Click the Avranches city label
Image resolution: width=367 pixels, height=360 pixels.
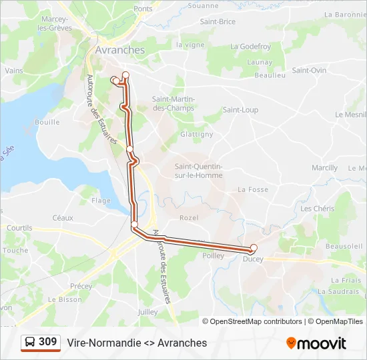click(119, 50)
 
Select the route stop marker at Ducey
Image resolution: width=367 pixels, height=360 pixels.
click(254, 248)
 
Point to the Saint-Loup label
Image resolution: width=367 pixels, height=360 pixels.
click(240, 110)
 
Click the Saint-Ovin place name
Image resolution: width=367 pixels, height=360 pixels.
click(309, 71)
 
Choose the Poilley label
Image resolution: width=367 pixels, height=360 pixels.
click(213, 255)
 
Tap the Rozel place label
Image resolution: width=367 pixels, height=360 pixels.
click(189, 218)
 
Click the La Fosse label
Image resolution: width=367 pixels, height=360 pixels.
click(253, 189)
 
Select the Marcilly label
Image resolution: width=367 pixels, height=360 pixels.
click(324, 168)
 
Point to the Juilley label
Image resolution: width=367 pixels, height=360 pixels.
click(147, 311)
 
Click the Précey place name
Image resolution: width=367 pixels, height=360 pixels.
click(81, 286)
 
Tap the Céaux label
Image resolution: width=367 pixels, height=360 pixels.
click(63, 217)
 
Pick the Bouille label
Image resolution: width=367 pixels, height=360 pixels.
click(47, 123)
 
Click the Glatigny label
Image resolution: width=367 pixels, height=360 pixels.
click(196, 134)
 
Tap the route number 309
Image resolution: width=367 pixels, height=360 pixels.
click(48, 342)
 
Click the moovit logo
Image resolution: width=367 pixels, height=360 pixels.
click(316, 343)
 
